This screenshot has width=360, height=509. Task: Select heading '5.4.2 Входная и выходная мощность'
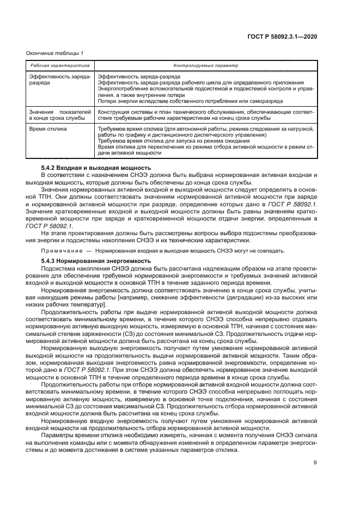pos(96,168)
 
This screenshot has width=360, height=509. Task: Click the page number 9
pos(315,463)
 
